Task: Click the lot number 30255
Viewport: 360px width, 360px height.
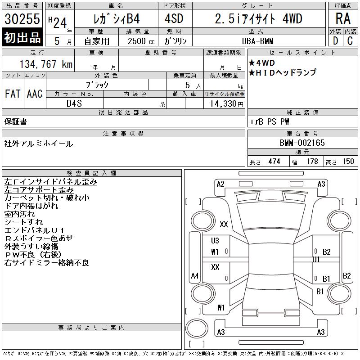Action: [22, 19]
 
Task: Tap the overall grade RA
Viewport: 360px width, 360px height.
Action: [343, 18]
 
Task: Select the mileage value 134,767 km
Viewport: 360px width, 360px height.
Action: [46, 64]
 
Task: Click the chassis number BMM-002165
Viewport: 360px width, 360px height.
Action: [302, 143]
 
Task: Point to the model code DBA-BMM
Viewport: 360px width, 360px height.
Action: [257, 41]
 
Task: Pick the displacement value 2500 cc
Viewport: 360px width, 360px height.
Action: [141, 41]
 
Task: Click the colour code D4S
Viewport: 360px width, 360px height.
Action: [74, 103]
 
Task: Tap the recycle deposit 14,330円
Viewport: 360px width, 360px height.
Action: [226, 104]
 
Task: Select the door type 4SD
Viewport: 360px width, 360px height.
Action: [174, 18]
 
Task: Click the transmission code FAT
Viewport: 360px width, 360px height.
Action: [13, 94]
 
